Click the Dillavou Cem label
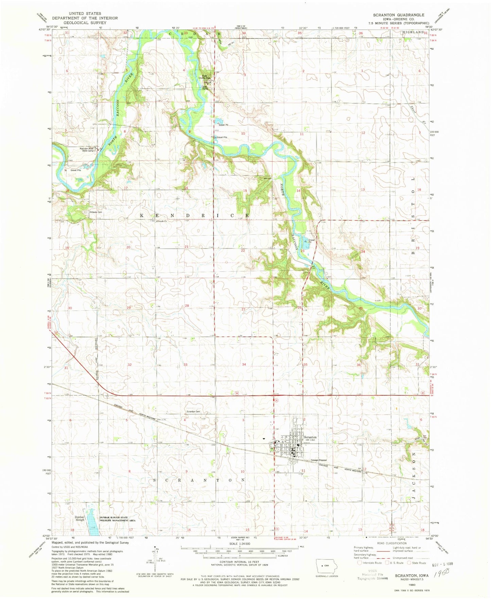(x=95, y=212)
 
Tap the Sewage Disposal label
(x=319, y=460)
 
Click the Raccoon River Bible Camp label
(x=87, y=150)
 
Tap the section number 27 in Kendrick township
(x=243, y=309)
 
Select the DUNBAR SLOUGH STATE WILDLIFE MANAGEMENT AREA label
(x=118, y=519)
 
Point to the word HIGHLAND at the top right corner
(x=413, y=32)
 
